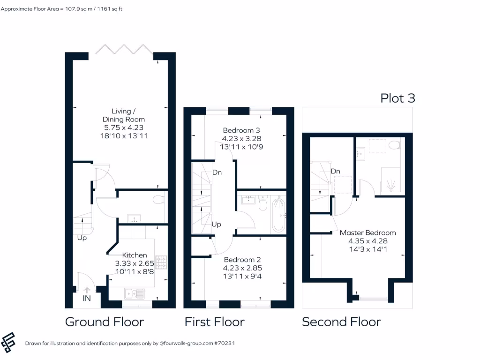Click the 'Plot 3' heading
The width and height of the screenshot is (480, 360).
pos(397,98)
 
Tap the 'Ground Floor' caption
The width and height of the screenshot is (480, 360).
pos(104,322)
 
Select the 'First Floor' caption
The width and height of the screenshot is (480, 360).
pos(214,322)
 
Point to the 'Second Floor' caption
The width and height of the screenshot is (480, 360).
pos(341,322)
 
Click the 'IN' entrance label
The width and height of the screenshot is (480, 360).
pos(87,298)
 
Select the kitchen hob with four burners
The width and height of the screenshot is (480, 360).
pos(161,262)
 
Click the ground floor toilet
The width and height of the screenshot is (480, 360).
pos(158,200)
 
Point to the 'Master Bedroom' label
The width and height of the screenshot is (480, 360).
pos(367,232)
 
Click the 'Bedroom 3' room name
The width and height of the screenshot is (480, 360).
pos(241,130)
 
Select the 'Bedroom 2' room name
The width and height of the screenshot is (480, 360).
pos(242,260)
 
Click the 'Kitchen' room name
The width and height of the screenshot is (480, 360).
pos(135,255)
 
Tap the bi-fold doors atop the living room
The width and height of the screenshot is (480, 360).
pos(124,50)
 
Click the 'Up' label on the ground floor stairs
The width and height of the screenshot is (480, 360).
pos(82,238)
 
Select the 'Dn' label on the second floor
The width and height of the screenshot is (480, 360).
pos(335,172)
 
